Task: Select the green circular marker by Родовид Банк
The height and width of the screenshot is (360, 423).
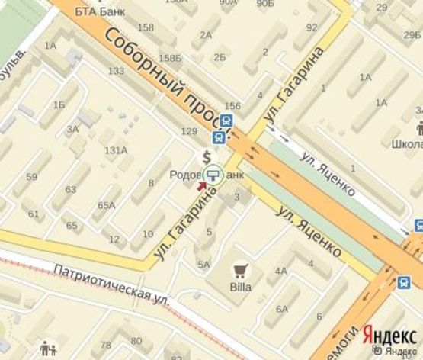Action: click(x=215, y=174)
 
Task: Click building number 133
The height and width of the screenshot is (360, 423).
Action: click(x=116, y=71)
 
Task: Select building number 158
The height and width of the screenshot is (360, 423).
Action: click(x=145, y=28)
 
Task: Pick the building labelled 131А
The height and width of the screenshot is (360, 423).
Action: click(x=116, y=149)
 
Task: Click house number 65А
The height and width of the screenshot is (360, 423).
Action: click(x=107, y=205)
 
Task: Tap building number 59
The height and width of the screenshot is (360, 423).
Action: click(x=31, y=177)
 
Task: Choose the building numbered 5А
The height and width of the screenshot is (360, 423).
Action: click(x=203, y=264)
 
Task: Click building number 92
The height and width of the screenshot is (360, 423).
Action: click(x=311, y=27)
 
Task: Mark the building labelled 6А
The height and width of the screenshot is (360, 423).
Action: click(x=282, y=309)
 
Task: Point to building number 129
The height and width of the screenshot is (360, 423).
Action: click(x=188, y=131)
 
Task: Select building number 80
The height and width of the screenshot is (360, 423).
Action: click(x=136, y=340)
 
